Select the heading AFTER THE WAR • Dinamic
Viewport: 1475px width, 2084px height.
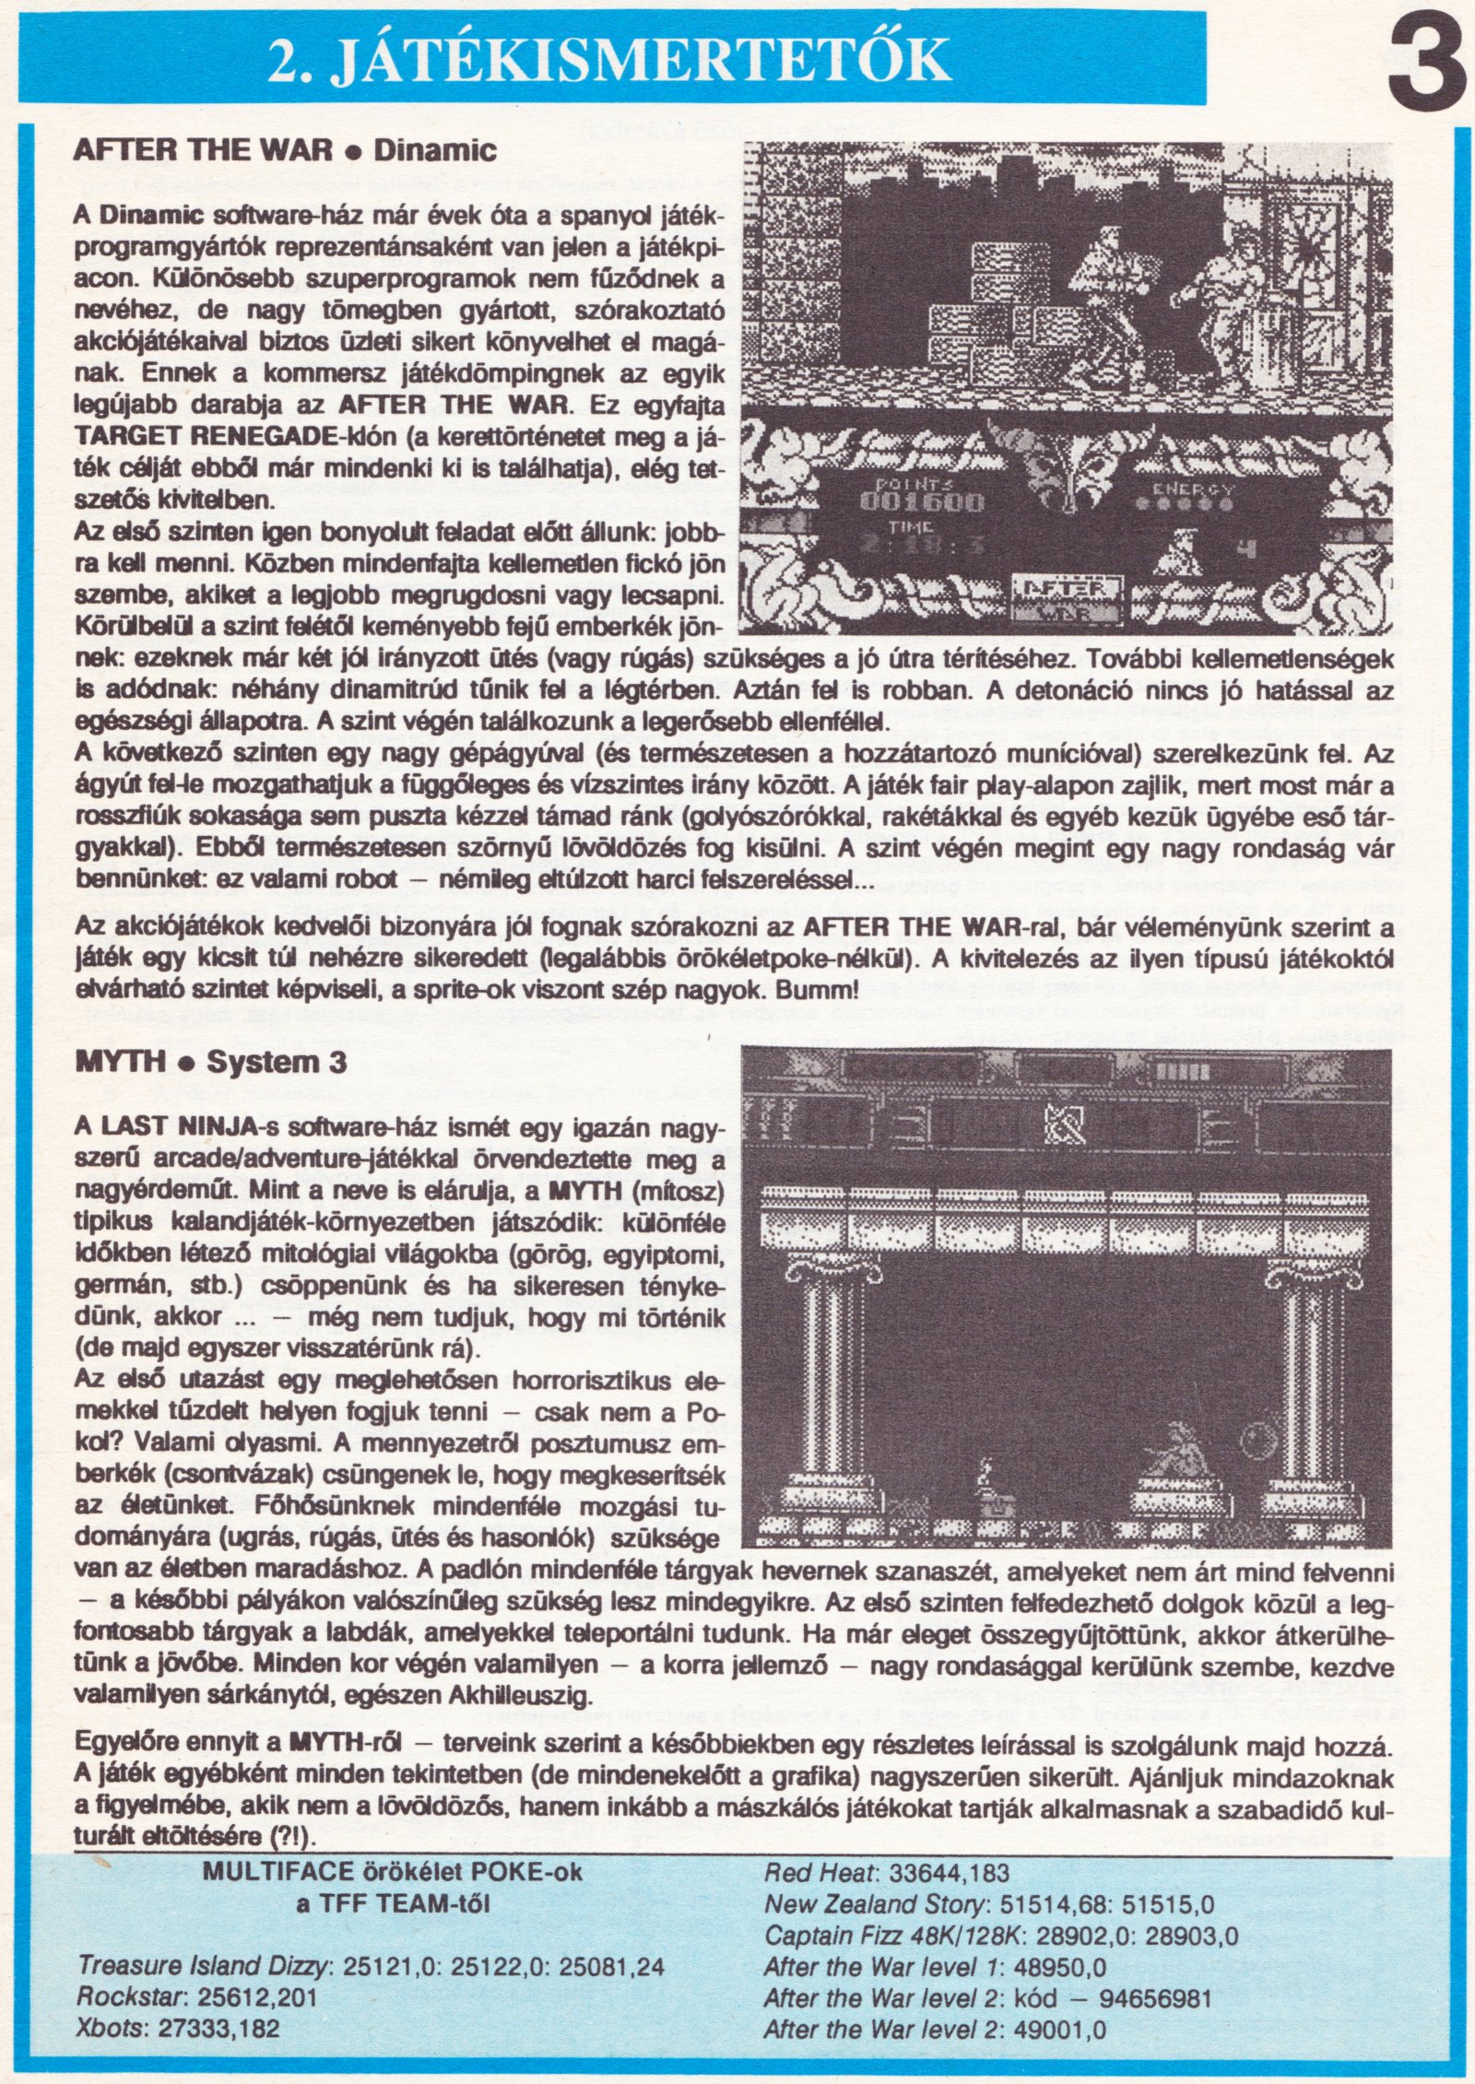coord(284,150)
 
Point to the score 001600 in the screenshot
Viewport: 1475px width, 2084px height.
coord(922,502)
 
